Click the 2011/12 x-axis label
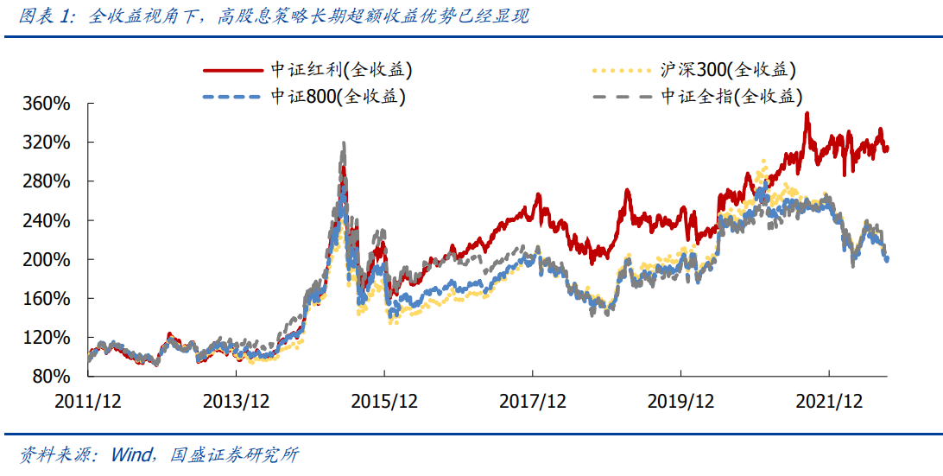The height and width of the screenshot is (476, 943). click(x=88, y=401)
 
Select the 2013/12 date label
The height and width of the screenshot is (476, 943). click(x=236, y=401)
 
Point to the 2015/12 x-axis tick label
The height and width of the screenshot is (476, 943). click(x=384, y=401)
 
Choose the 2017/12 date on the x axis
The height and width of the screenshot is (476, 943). click(x=533, y=401)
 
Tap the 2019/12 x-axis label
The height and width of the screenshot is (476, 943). click(x=681, y=401)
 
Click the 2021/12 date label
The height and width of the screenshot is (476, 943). click(x=830, y=401)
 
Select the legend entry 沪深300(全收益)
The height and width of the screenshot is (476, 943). click(x=726, y=70)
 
